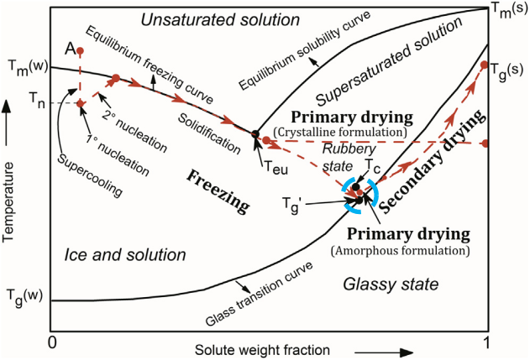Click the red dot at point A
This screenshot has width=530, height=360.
click(x=80, y=51)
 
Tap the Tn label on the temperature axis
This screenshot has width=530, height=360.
click(x=37, y=100)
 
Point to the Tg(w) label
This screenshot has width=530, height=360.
click(x=25, y=297)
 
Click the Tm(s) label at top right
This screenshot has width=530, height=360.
click(x=508, y=11)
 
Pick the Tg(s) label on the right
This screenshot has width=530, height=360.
click(x=506, y=71)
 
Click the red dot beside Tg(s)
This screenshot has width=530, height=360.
click(x=484, y=65)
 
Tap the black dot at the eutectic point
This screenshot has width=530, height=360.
click(x=255, y=134)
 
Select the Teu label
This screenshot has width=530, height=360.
click(x=275, y=168)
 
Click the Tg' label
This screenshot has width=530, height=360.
click(x=291, y=206)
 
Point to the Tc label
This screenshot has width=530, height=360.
click(x=373, y=165)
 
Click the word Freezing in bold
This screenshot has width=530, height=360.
click(x=218, y=191)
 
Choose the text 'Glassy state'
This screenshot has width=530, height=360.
click(x=391, y=284)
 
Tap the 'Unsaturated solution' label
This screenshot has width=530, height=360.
click(x=220, y=20)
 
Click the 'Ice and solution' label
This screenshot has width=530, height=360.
click(x=125, y=255)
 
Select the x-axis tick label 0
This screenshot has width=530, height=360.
click(x=52, y=342)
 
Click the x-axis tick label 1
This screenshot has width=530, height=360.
click(x=486, y=342)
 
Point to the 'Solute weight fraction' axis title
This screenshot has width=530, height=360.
click(x=262, y=350)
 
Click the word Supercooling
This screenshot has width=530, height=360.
click(x=90, y=175)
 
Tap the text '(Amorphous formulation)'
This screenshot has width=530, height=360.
click(x=400, y=251)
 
